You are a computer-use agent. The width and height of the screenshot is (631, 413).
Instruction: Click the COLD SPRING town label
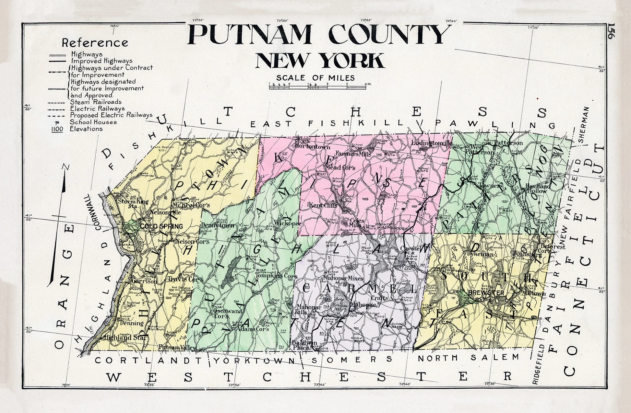(157, 226)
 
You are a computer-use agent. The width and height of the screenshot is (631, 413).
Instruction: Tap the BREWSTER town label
(481, 293)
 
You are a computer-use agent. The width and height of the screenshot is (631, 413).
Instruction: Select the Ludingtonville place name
(432, 143)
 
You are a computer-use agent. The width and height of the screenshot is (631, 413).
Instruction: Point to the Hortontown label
(313, 146)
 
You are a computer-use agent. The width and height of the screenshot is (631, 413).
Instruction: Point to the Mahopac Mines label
(344, 278)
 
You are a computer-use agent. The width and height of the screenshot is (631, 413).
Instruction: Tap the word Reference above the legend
(95, 43)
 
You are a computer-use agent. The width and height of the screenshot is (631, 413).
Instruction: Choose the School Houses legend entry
(93, 122)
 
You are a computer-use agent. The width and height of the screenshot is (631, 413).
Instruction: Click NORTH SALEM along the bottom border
(468, 358)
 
